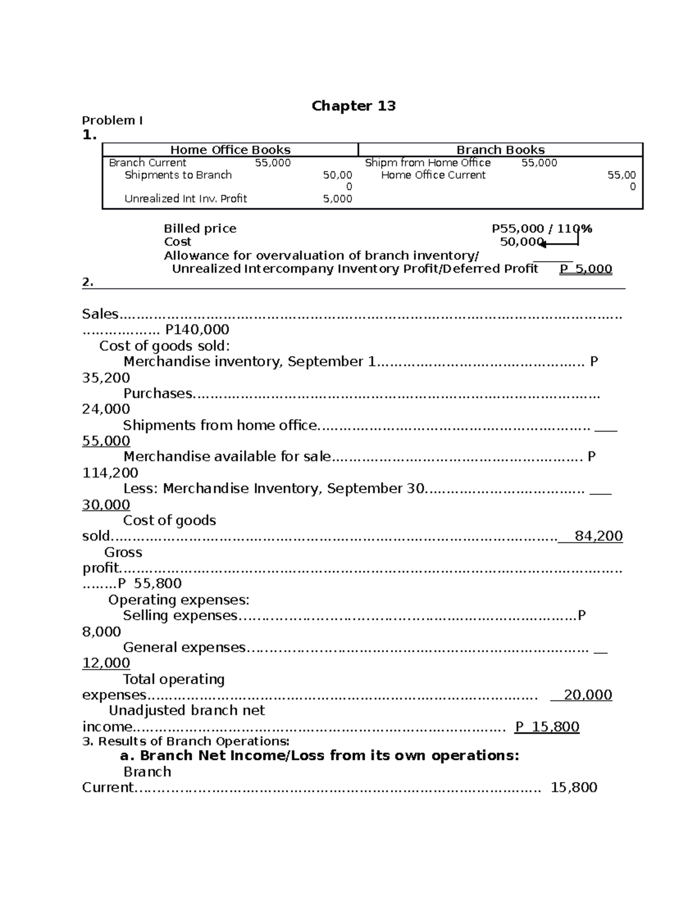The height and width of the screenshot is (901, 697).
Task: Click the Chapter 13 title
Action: click(x=353, y=106)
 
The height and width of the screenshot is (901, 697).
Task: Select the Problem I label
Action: click(x=112, y=121)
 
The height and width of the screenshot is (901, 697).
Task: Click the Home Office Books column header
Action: click(x=230, y=150)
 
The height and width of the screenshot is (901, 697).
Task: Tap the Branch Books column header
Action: click(x=500, y=150)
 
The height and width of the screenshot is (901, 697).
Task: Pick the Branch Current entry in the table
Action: click(x=148, y=163)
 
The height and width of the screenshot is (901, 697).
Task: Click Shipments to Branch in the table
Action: click(x=178, y=175)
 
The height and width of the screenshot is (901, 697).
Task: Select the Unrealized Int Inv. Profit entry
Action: click(x=185, y=199)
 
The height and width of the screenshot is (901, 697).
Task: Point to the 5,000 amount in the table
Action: click(x=337, y=199)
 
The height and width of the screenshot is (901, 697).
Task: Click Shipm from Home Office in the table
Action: click(x=427, y=163)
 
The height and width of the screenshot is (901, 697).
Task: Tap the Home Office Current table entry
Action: click(x=433, y=175)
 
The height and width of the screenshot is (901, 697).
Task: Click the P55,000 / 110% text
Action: click(x=541, y=229)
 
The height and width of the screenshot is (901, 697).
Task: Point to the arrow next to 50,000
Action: click(x=559, y=244)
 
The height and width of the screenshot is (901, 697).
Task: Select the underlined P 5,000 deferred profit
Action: click(x=585, y=269)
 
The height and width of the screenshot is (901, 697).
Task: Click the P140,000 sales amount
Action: click(x=197, y=330)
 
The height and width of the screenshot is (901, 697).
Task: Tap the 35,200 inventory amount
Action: click(x=106, y=378)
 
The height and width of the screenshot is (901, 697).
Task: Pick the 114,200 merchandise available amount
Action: click(x=110, y=473)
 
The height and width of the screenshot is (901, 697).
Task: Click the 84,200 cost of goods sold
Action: click(x=598, y=536)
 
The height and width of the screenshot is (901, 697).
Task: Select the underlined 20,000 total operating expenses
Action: click(x=587, y=695)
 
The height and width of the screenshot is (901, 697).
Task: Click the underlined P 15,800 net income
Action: click(x=547, y=727)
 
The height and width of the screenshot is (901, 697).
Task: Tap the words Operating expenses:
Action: click(x=178, y=600)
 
